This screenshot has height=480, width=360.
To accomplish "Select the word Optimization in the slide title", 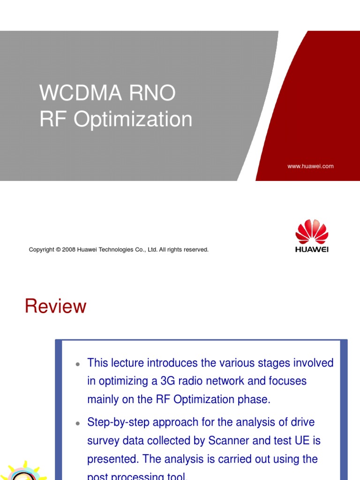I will (x=133, y=119).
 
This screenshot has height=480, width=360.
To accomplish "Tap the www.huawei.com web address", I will (x=310, y=166).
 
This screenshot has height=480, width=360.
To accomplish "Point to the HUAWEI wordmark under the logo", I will (x=312, y=249).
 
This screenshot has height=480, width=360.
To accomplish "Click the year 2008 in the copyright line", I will (x=77, y=250).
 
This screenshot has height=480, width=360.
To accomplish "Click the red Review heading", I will (x=55, y=307).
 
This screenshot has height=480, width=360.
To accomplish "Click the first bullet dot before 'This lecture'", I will (x=78, y=364).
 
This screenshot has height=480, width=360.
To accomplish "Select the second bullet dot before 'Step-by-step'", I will (x=78, y=423).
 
